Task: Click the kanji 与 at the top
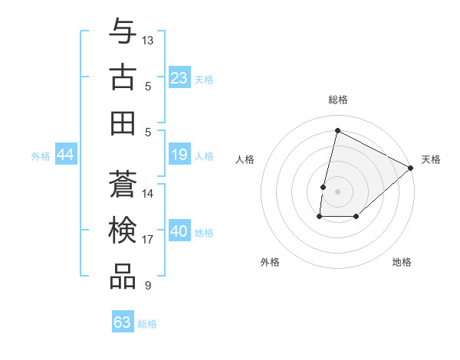(123, 31)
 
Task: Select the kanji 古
(123, 77)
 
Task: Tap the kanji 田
(123, 123)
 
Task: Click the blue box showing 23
(179, 78)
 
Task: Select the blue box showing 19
(179, 155)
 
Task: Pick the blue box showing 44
(65, 155)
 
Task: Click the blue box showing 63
(123, 322)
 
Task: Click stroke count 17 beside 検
(148, 240)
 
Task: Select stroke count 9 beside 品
(148, 286)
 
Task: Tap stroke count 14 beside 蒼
(148, 194)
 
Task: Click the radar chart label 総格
(337, 100)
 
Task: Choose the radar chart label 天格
(431, 159)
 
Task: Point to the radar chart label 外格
(270, 262)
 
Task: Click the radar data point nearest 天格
(411, 168)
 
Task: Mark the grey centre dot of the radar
(337, 191)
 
